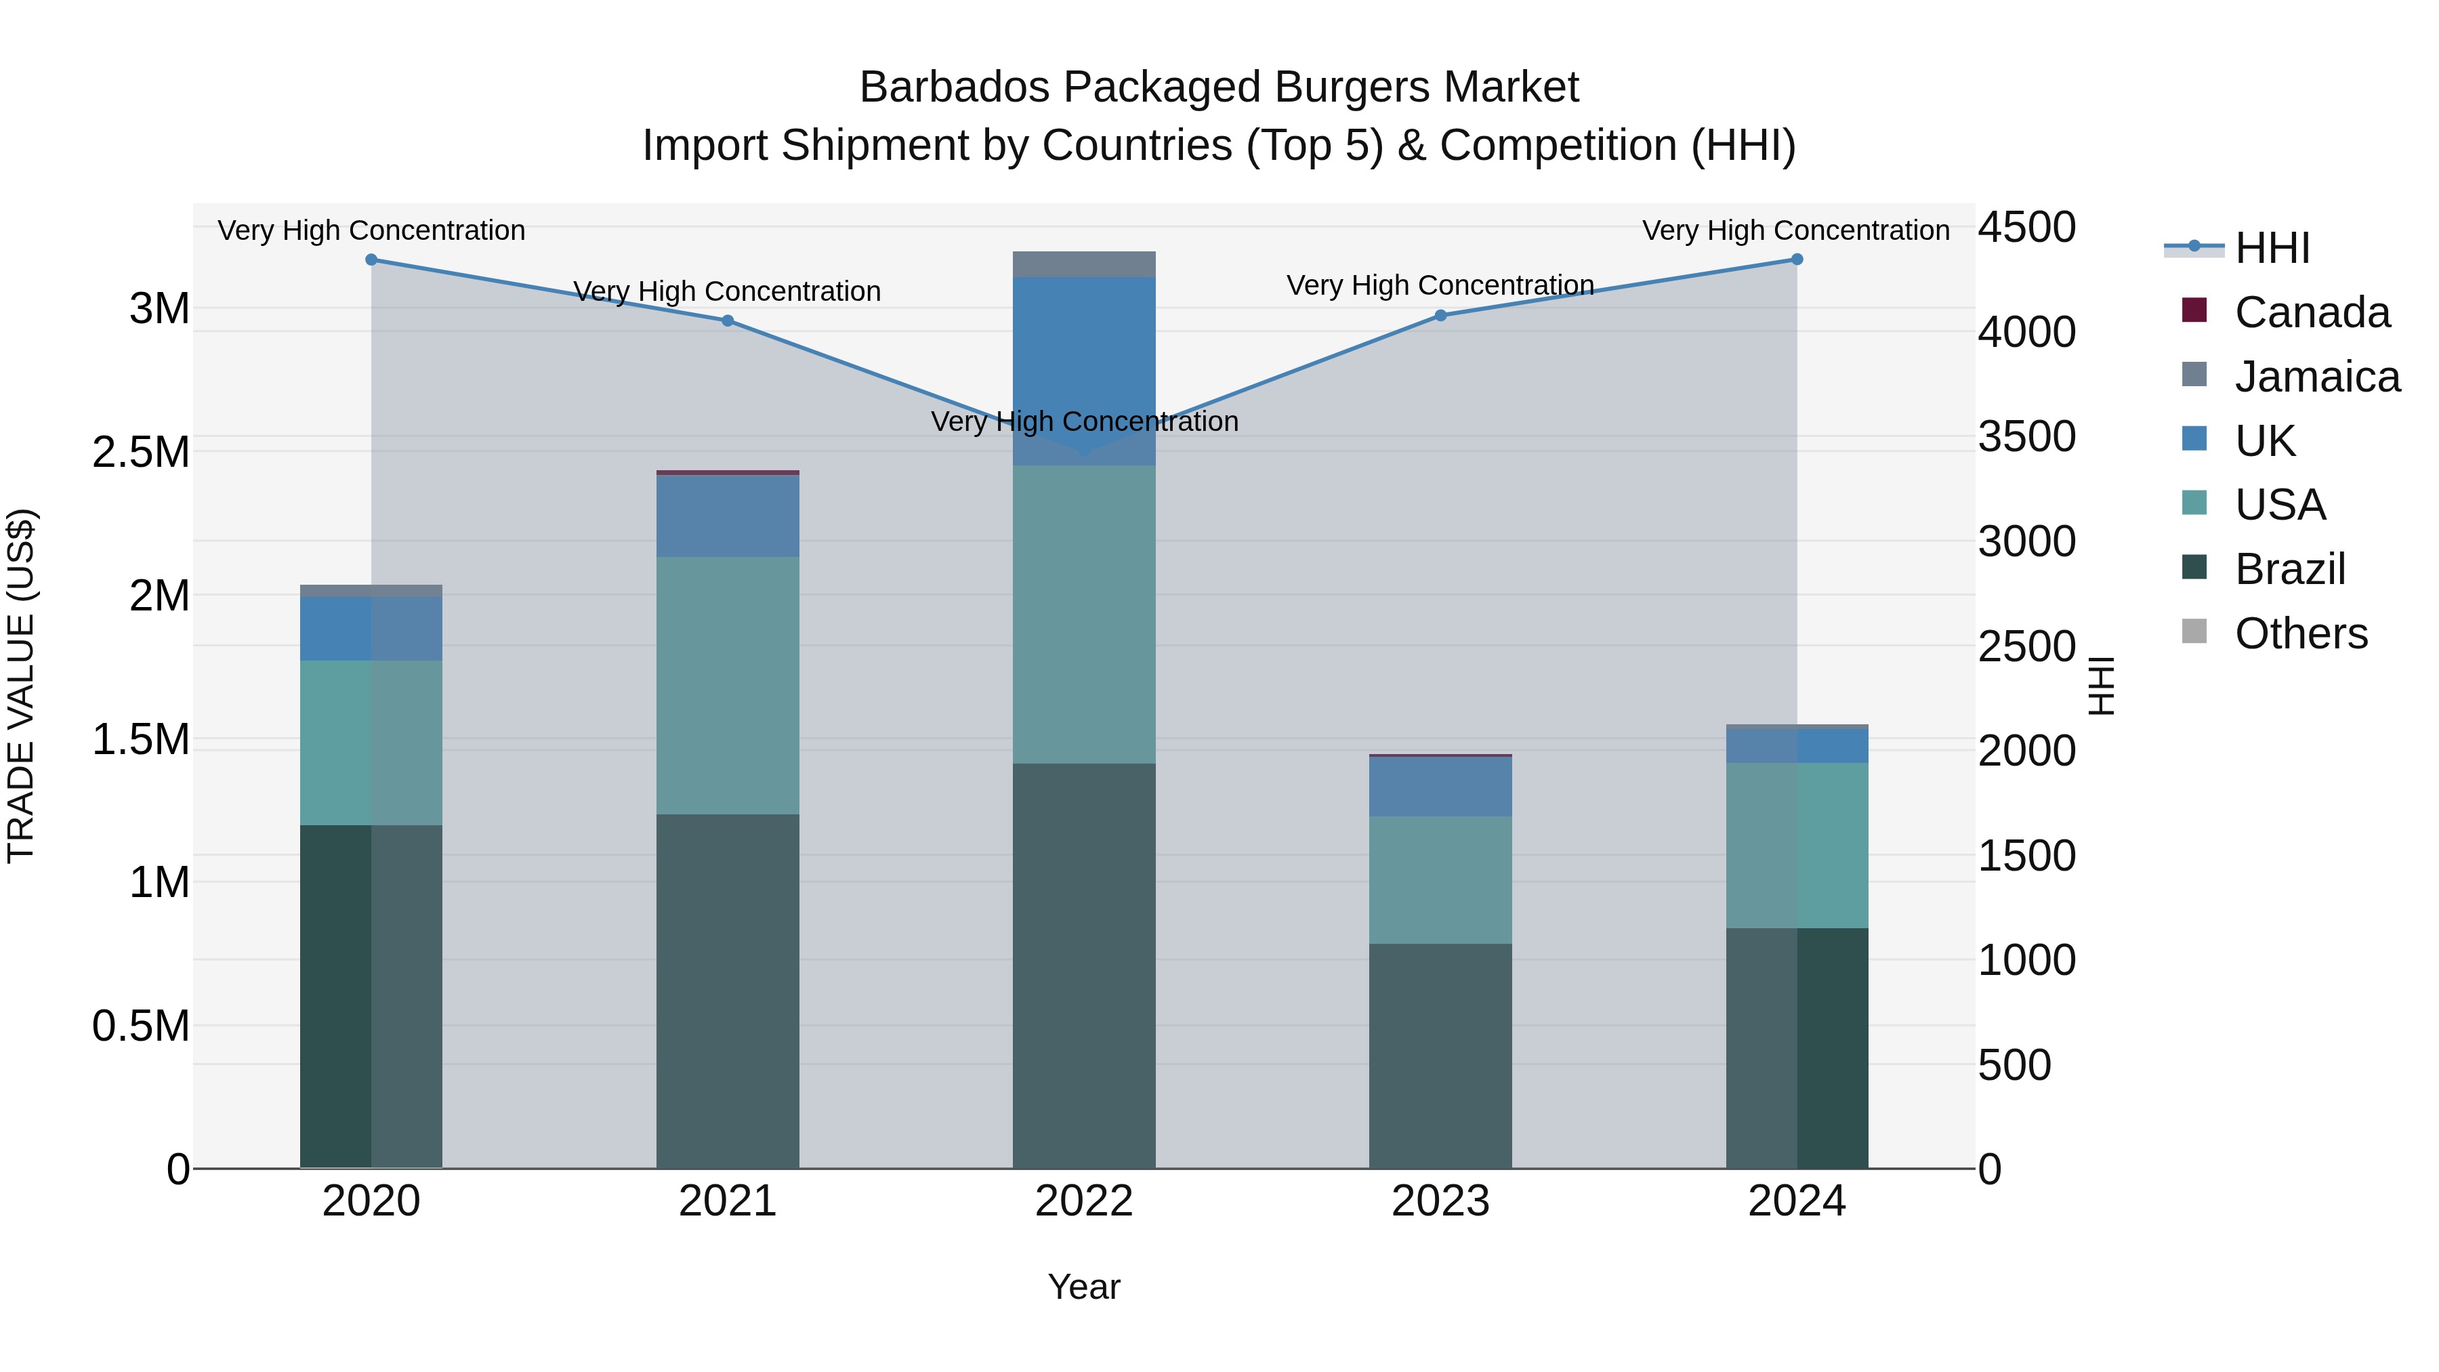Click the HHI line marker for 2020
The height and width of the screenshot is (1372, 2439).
click(371, 259)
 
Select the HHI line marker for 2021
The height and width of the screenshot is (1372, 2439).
click(727, 321)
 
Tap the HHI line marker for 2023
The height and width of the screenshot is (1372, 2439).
click(1440, 315)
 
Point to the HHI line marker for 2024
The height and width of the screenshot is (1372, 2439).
click(1796, 259)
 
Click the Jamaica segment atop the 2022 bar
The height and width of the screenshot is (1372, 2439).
click(1084, 264)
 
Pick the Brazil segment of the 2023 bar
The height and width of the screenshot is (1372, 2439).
click(1440, 1055)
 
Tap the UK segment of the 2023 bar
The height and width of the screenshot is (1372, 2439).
click(1440, 786)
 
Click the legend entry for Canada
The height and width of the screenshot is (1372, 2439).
click(2311, 312)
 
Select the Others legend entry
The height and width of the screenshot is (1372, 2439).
click(2301, 633)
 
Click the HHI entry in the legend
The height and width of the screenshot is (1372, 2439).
click(2272, 248)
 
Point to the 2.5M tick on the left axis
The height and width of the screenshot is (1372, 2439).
click(141, 453)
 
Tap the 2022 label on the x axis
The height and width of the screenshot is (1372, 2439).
click(1084, 1201)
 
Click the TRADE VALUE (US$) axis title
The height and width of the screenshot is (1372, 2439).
click(21, 686)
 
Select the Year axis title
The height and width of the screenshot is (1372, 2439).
click(1084, 1287)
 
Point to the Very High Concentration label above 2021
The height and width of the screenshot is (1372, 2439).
click(727, 291)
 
